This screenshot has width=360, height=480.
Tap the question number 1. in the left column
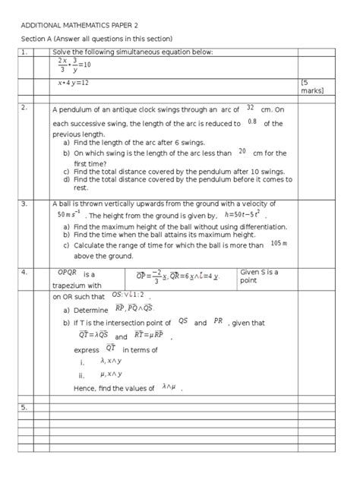pyautogui.click(x=25, y=52)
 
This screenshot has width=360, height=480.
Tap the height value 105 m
pyautogui.click(x=278, y=244)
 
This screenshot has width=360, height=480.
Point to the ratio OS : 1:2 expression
pyautogui.click(x=126, y=295)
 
